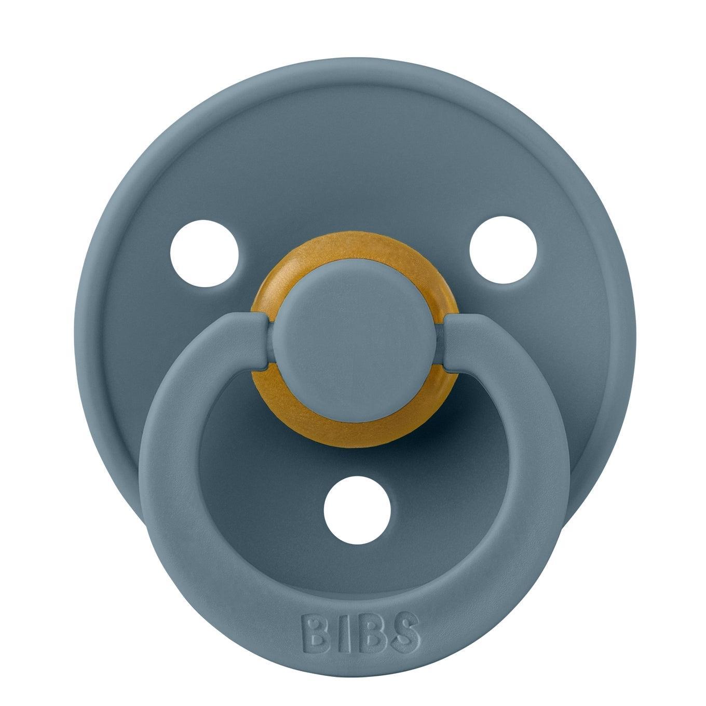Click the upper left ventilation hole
205,257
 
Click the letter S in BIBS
401,631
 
